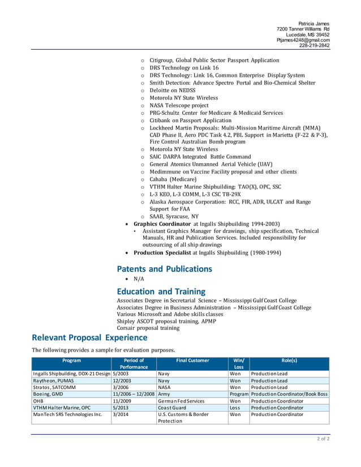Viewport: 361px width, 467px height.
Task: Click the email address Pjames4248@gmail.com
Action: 303,40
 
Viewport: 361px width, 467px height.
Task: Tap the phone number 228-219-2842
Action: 314,46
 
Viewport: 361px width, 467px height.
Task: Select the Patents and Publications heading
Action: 164,269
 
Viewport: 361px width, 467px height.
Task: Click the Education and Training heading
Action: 161,291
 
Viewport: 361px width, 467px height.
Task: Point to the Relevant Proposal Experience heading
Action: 89,338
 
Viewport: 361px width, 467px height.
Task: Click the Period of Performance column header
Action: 134,364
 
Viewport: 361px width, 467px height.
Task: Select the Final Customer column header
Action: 192,360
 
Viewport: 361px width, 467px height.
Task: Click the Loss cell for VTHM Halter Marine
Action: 235,407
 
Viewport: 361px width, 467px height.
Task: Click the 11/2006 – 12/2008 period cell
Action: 134,394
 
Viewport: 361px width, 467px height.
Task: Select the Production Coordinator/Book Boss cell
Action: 289,394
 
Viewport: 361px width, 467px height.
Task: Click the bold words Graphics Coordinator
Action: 162,224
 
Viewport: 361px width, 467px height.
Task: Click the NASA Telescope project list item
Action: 179,105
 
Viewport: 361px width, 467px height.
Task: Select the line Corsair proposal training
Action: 148,327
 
